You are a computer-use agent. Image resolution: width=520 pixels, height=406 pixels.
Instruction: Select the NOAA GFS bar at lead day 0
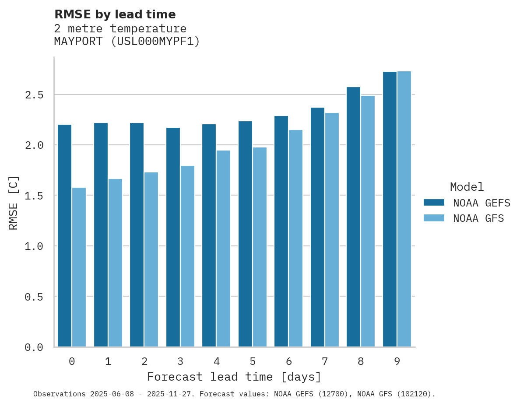coord(79,267)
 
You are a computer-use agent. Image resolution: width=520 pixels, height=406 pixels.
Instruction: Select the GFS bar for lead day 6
coord(295,238)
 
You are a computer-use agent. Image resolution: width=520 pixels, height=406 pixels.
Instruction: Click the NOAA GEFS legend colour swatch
coord(434,203)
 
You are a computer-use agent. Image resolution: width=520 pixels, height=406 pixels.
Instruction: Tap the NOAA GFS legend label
coord(478,218)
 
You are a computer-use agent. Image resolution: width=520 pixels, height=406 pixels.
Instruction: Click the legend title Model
coord(467,187)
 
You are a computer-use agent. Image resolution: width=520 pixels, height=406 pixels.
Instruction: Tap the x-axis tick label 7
coord(325,361)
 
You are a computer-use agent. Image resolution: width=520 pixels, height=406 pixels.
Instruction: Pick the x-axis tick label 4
coord(216,361)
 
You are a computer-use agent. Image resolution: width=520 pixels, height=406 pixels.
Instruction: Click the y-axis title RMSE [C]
coord(14,203)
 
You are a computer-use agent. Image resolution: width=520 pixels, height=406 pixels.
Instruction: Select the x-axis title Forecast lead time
coord(234,377)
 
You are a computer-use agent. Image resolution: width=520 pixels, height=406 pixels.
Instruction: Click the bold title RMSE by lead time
coord(115,14)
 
